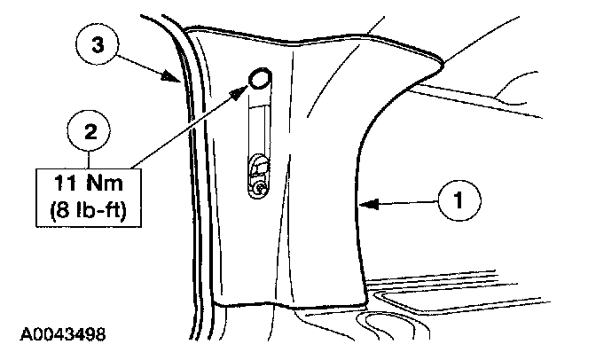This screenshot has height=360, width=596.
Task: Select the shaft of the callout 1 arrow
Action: coord(404,203)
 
